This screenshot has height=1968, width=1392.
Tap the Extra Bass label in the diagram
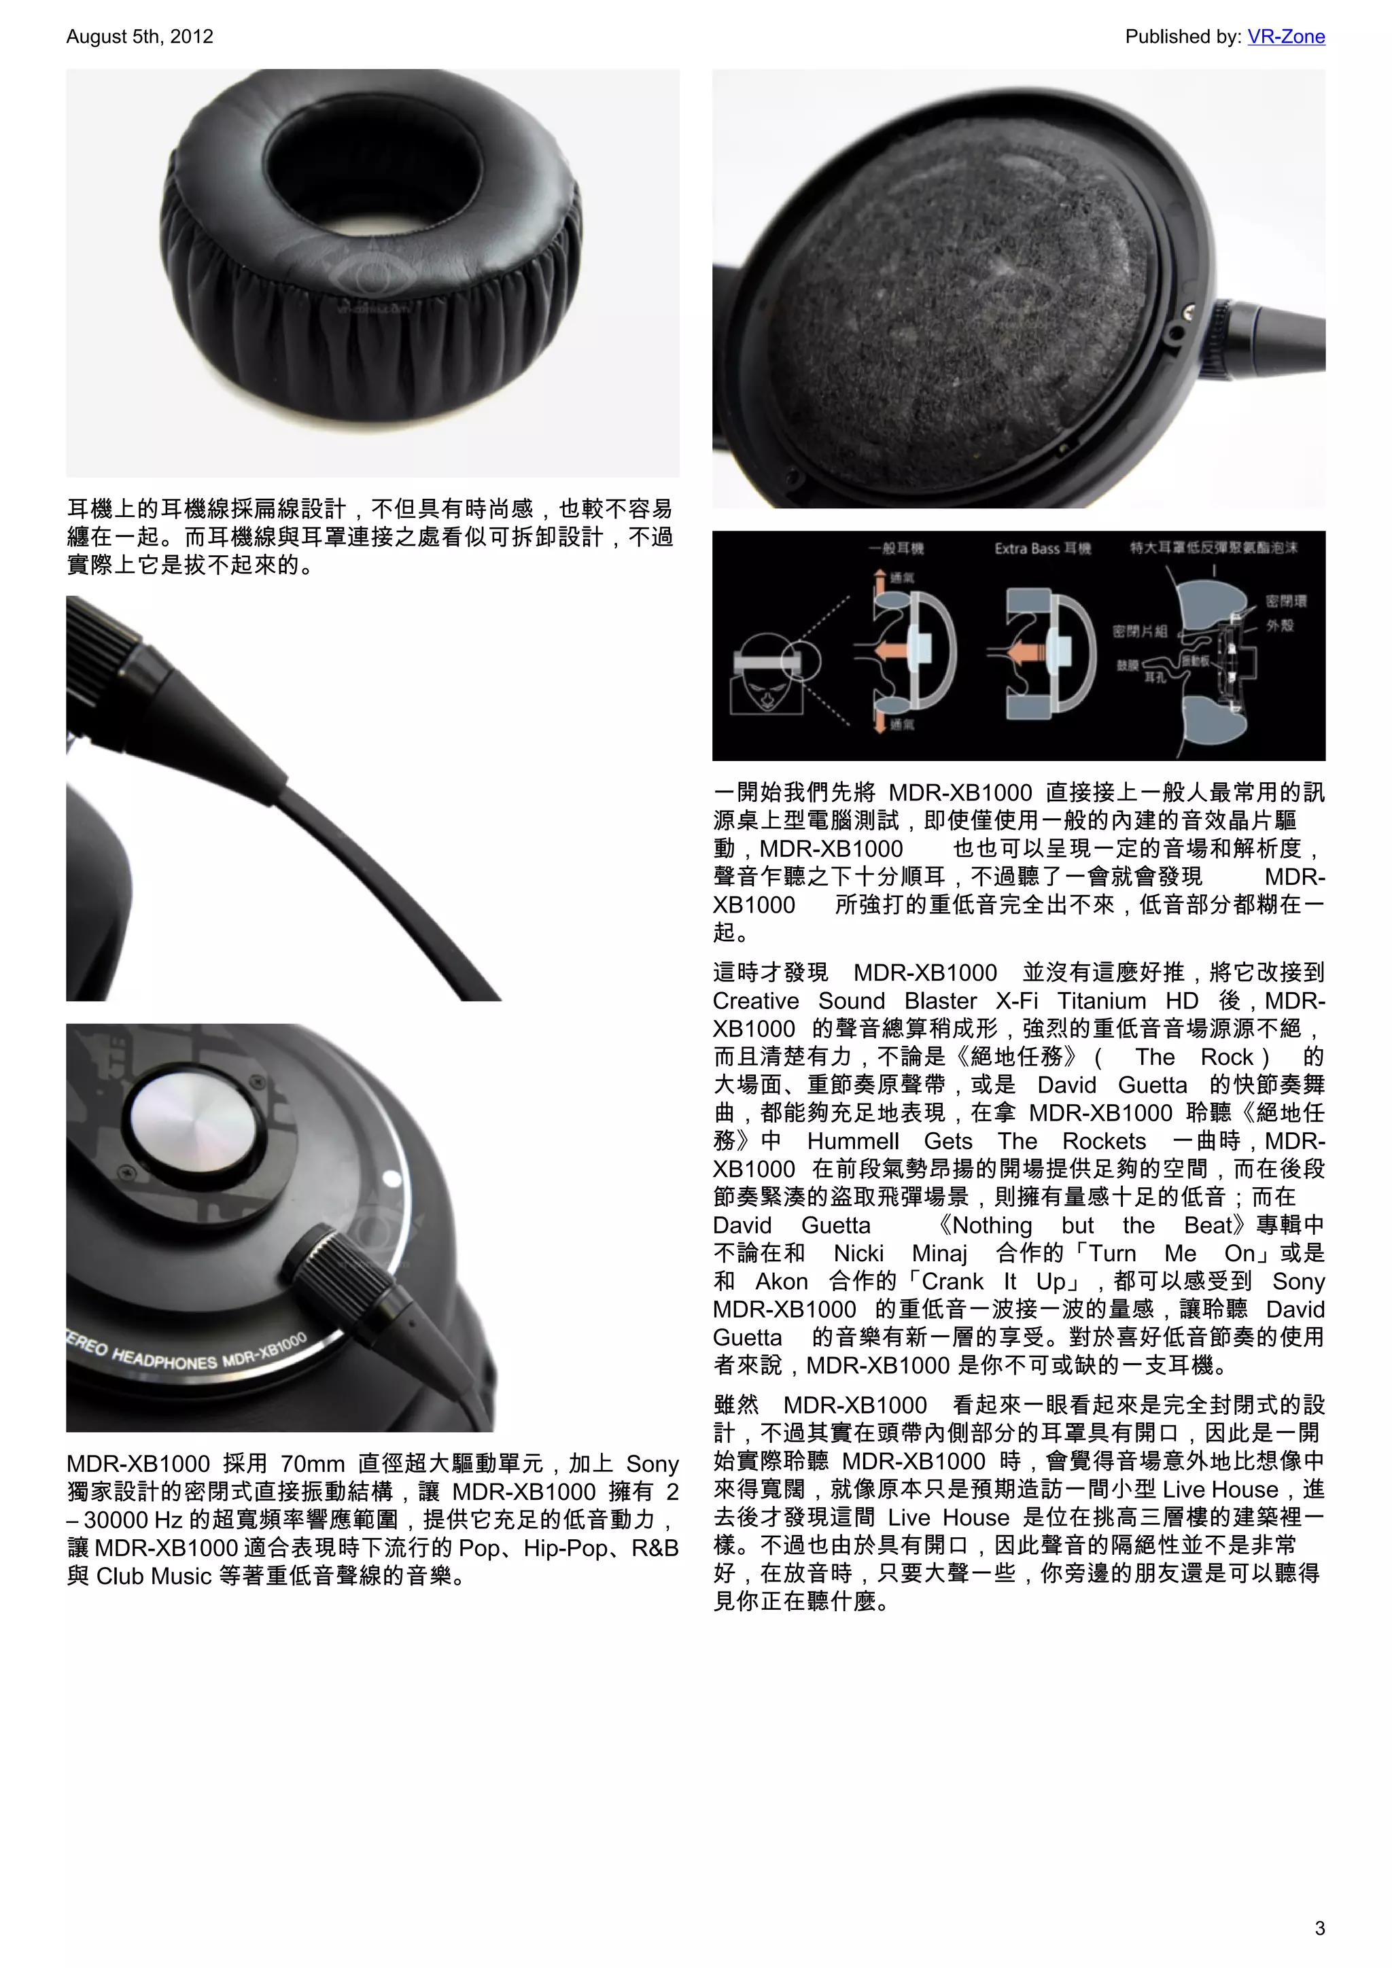(x=1041, y=548)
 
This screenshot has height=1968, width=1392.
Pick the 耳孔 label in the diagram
(x=1155, y=677)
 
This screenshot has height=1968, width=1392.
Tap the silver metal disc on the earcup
(x=194, y=1119)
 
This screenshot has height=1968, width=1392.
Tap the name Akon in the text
(x=781, y=1282)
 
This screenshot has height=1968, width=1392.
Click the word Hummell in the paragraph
(x=852, y=1141)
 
